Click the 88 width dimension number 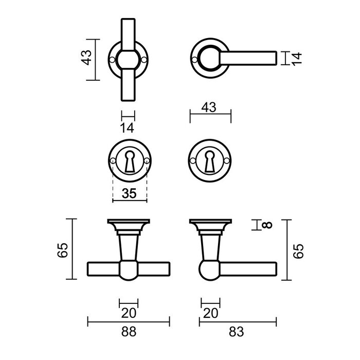click(129, 332)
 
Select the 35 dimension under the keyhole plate click(129, 194)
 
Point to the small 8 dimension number click(266, 225)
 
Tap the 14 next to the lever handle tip click(295, 58)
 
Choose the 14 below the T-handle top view click(128, 128)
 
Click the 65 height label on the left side click(63, 250)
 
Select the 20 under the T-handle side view click(129, 313)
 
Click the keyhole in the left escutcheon click(129, 160)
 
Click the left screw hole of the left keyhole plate click(112, 161)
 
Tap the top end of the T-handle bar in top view click(128, 23)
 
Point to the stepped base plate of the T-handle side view click(129, 225)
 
